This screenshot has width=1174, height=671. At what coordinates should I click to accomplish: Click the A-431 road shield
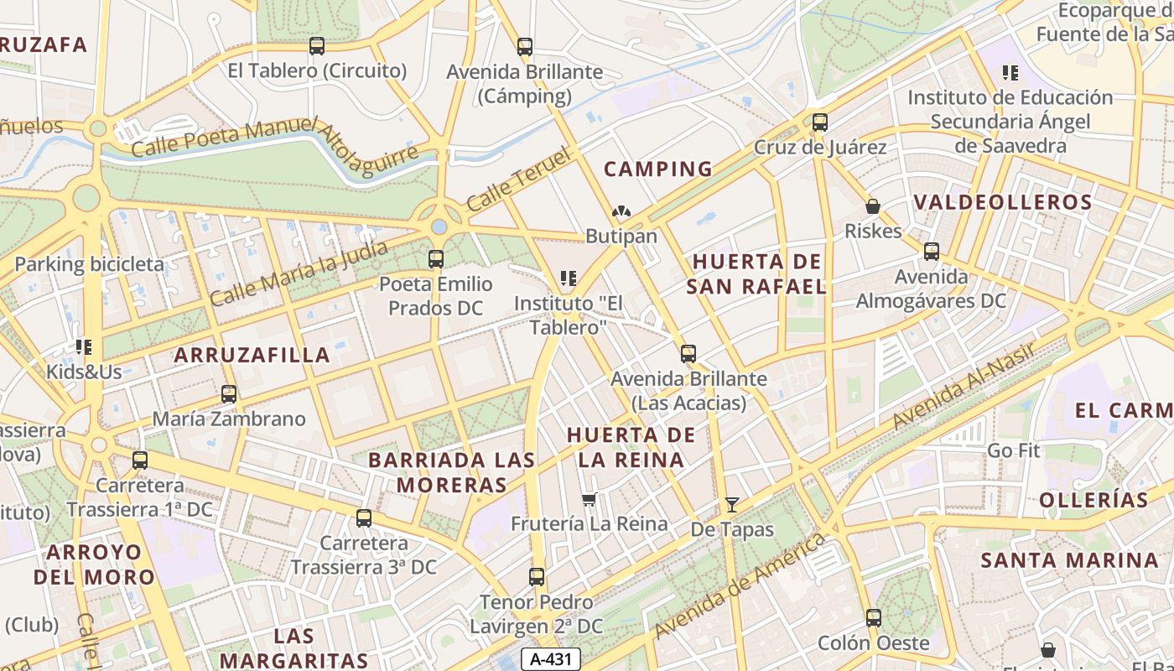(x=551, y=659)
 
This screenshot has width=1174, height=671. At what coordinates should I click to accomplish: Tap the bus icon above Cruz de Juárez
(x=820, y=122)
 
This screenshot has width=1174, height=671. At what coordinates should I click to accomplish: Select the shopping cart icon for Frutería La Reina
(x=589, y=499)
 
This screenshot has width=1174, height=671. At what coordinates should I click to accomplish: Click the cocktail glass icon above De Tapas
(x=732, y=504)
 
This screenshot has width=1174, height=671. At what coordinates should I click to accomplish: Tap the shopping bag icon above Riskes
(x=873, y=206)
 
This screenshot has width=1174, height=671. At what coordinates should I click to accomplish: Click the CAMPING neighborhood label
(x=658, y=169)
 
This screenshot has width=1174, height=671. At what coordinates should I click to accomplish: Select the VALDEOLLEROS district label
(x=1003, y=202)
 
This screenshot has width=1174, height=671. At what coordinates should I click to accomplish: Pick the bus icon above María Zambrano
(x=229, y=393)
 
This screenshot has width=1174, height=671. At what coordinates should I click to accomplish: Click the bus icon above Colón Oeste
(x=874, y=618)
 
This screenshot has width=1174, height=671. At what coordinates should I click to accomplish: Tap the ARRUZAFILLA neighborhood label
(x=252, y=355)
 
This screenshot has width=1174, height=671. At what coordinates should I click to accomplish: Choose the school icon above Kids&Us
(x=83, y=346)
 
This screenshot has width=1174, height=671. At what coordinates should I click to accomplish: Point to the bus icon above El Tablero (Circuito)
(x=317, y=46)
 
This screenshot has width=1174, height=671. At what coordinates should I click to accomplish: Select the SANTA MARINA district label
(x=1069, y=559)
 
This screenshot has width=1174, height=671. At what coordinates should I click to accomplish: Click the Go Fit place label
(x=1013, y=450)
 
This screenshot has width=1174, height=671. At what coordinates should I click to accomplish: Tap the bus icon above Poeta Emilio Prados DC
(x=436, y=259)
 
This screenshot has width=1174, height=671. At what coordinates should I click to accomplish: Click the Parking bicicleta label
(x=90, y=264)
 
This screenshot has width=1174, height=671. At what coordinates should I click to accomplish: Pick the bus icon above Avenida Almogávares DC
(x=931, y=252)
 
